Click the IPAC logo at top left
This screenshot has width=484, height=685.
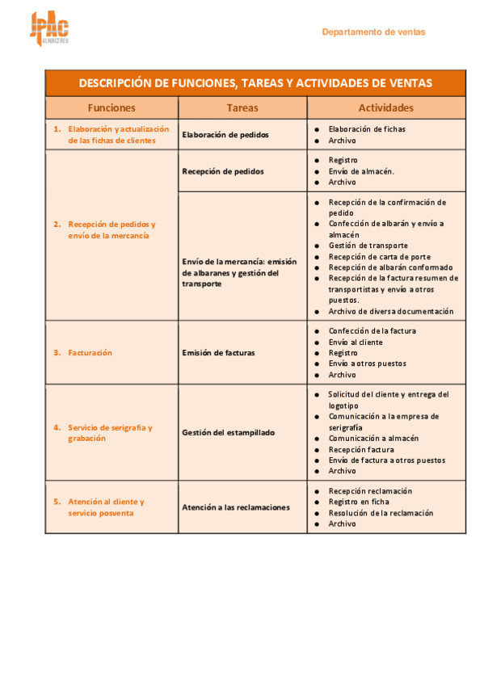click(x=49, y=29)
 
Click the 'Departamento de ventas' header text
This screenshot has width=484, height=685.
click(x=373, y=32)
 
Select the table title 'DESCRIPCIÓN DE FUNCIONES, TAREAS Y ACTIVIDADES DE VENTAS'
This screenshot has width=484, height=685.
click(x=255, y=83)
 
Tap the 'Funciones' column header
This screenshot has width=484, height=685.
click(x=112, y=107)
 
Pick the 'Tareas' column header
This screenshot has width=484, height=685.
click(x=242, y=107)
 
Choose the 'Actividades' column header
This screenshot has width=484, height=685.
click(x=385, y=107)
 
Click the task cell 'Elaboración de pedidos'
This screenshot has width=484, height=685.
click(x=225, y=135)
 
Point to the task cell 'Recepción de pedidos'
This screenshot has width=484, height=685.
click(x=223, y=171)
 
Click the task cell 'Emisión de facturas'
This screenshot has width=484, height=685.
click(x=218, y=352)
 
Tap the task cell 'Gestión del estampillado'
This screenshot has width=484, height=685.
click(x=229, y=432)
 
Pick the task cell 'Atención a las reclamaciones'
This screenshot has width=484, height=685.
click(x=236, y=507)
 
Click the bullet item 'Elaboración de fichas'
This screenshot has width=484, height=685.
click(x=367, y=129)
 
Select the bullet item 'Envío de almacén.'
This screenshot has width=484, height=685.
click(x=361, y=171)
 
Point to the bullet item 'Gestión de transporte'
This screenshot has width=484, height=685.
click(x=368, y=246)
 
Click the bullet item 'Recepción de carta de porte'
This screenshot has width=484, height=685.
click(x=379, y=257)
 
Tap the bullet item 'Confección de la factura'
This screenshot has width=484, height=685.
click(x=372, y=331)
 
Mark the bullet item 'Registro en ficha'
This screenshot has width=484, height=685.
click(x=359, y=502)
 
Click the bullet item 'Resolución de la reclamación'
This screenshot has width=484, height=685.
click(x=381, y=513)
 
